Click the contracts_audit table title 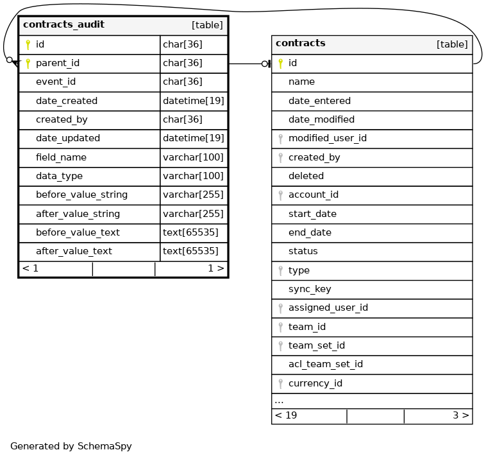(63, 25)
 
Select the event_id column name (56, 82)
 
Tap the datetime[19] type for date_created (193, 101)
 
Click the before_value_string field (81, 195)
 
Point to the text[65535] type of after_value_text (190, 251)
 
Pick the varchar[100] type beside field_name (193, 157)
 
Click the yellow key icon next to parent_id (28, 63)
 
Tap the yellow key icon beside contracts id (280, 63)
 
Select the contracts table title (300, 44)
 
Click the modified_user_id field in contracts (327, 138)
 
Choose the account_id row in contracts (313, 195)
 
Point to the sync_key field (310, 289)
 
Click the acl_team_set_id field (325, 364)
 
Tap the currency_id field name (315, 383)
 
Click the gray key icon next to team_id (280, 327)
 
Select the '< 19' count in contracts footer (286, 415)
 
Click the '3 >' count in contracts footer (460, 415)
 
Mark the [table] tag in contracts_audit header (207, 26)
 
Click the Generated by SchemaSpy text (71, 446)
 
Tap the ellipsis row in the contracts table (280, 401)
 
